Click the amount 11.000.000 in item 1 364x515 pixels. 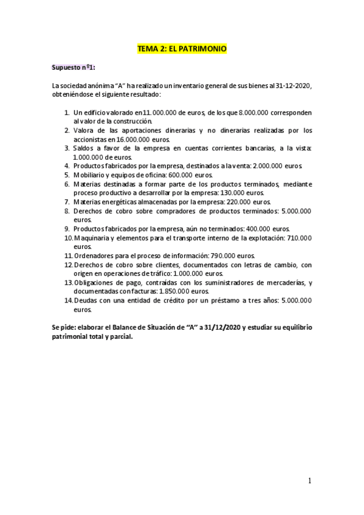(161, 112)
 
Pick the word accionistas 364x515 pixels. (91, 139)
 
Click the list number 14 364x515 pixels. (67, 301)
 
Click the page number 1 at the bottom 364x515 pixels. (310, 481)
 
